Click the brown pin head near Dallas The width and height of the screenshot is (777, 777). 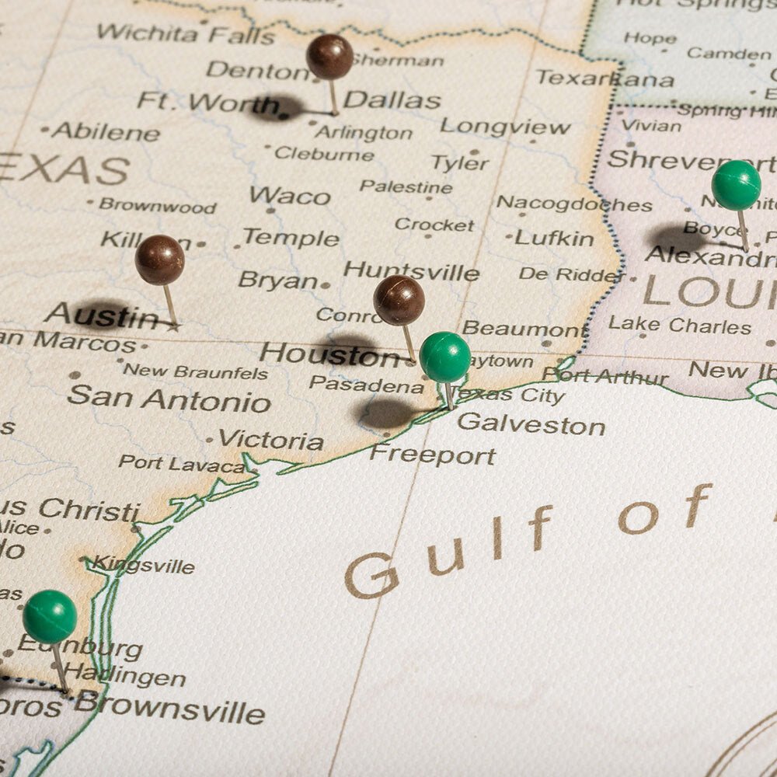pyautogui.click(x=329, y=57)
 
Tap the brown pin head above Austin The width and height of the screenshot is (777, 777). pyautogui.click(x=159, y=260)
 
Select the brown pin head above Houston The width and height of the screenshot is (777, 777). pyautogui.click(x=399, y=300)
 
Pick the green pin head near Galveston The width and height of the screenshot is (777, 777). pyautogui.click(x=445, y=357)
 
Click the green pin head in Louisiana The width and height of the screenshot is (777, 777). pyautogui.click(x=736, y=186)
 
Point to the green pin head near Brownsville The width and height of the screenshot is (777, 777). pyautogui.click(x=50, y=616)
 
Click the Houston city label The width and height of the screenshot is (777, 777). pyautogui.click(x=329, y=354)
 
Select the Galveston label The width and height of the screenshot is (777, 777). pyautogui.click(x=531, y=424)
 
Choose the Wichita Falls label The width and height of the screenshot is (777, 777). pyautogui.click(x=186, y=34)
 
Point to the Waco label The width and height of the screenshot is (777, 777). pyautogui.click(x=289, y=196)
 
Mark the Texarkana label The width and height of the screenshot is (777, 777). pyautogui.click(x=605, y=78)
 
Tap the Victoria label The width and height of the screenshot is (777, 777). pyautogui.click(x=270, y=440)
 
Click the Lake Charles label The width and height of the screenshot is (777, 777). pyautogui.click(x=679, y=325)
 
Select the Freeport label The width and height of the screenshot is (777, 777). pyautogui.click(x=432, y=455)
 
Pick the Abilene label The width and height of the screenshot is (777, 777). pyautogui.click(x=106, y=132)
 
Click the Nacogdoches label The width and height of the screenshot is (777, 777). pyautogui.click(x=574, y=204)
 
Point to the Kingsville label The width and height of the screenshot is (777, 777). pyautogui.click(x=144, y=566)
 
